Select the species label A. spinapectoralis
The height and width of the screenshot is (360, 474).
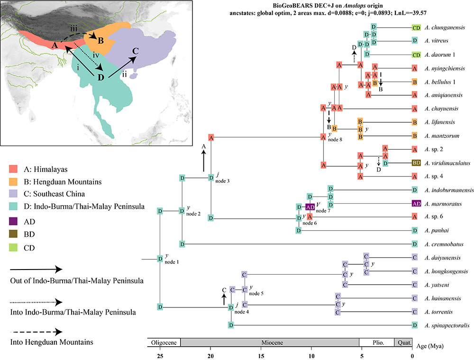pos(448,325)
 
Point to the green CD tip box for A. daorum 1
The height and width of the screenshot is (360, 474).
pos(417,54)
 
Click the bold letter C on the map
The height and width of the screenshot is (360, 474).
pos(136,51)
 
